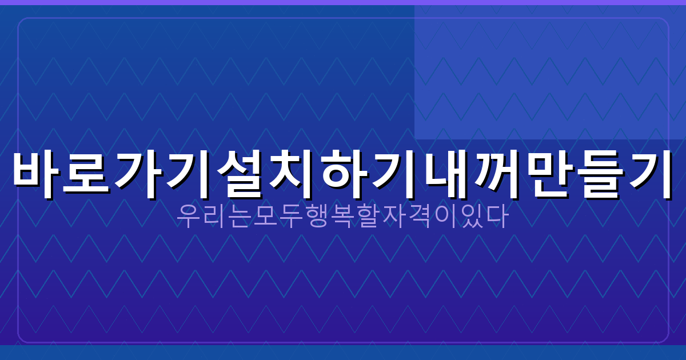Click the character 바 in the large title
[37, 174]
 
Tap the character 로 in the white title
[89, 174]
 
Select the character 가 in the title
[140, 174]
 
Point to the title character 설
[242, 174]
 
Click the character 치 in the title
[293, 174]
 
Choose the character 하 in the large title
[344, 174]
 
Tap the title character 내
[445, 174]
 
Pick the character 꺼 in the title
[496, 174]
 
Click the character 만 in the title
[547, 174]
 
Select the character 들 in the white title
[598, 174]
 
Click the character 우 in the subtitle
[188, 217]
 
